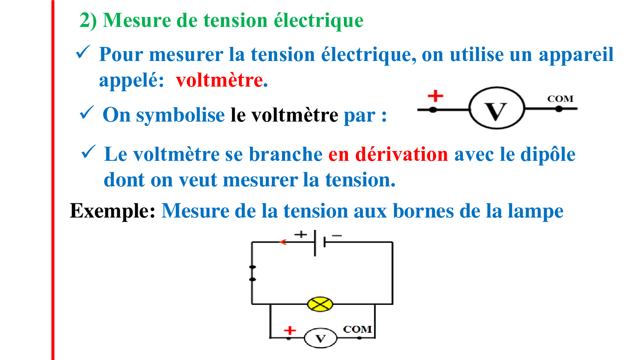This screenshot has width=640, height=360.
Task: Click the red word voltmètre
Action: click(x=219, y=80)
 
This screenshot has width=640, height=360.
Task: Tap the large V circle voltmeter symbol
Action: click(x=497, y=108)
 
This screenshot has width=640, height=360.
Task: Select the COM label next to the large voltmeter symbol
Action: click(x=560, y=99)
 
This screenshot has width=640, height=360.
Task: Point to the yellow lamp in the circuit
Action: click(x=320, y=304)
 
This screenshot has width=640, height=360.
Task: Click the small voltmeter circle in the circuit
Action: click(x=320, y=338)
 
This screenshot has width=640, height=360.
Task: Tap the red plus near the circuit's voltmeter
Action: click(x=290, y=331)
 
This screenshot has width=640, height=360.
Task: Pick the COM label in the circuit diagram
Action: click(x=357, y=329)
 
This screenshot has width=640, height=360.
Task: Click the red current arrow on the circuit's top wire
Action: click(x=282, y=242)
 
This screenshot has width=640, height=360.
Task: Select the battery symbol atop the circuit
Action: click(x=320, y=243)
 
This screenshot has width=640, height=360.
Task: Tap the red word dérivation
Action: click(x=402, y=154)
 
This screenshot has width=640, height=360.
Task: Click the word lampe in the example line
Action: click(x=535, y=212)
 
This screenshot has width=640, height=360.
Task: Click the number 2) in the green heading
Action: click(x=88, y=20)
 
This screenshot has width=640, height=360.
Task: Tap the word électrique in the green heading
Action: click(x=318, y=21)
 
